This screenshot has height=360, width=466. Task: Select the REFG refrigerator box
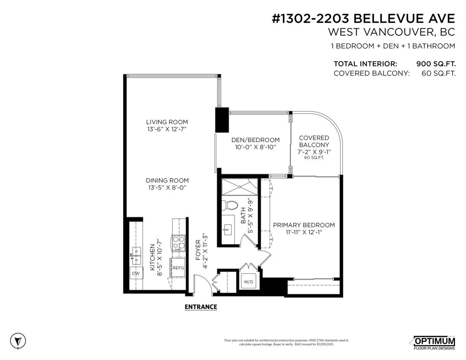point(178,268)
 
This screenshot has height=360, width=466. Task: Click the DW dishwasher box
point(136,273)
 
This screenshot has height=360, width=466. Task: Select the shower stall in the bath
point(240,187)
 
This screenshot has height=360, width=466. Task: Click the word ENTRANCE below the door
point(200,307)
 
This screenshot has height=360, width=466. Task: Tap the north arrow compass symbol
point(17,341)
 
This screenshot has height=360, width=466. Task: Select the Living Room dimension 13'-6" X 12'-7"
point(167,129)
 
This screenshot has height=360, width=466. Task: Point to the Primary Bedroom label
point(304,225)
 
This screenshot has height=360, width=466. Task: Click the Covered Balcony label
point(314,141)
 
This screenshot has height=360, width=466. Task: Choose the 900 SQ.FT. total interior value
point(435,64)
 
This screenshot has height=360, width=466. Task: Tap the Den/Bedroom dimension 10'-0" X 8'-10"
point(255,147)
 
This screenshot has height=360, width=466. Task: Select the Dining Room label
point(167,181)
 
